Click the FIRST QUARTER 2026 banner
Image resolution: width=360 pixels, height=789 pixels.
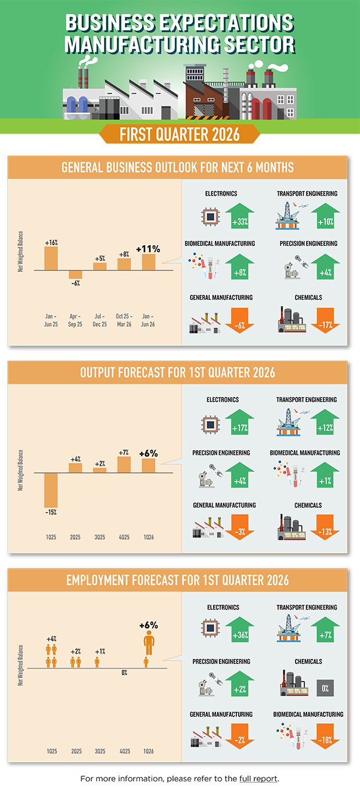[179, 135]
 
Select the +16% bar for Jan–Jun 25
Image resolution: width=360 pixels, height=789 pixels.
[51, 258]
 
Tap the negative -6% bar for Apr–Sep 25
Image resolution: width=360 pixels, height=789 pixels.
[75, 274]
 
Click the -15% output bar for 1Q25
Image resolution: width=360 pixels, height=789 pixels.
[51, 490]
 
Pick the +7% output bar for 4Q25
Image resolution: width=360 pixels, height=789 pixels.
[124, 464]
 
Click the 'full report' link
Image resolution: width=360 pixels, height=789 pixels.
[261, 778]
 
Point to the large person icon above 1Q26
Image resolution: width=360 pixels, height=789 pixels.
[149, 644]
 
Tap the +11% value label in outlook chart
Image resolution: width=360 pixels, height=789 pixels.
[148, 248]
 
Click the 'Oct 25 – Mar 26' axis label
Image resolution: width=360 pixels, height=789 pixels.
[124, 320]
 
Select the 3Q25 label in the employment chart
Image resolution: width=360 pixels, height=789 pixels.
[100, 751]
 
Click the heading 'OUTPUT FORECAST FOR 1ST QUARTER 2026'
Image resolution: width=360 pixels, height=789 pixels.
[177, 372]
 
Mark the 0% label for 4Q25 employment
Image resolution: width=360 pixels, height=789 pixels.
[124, 673]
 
